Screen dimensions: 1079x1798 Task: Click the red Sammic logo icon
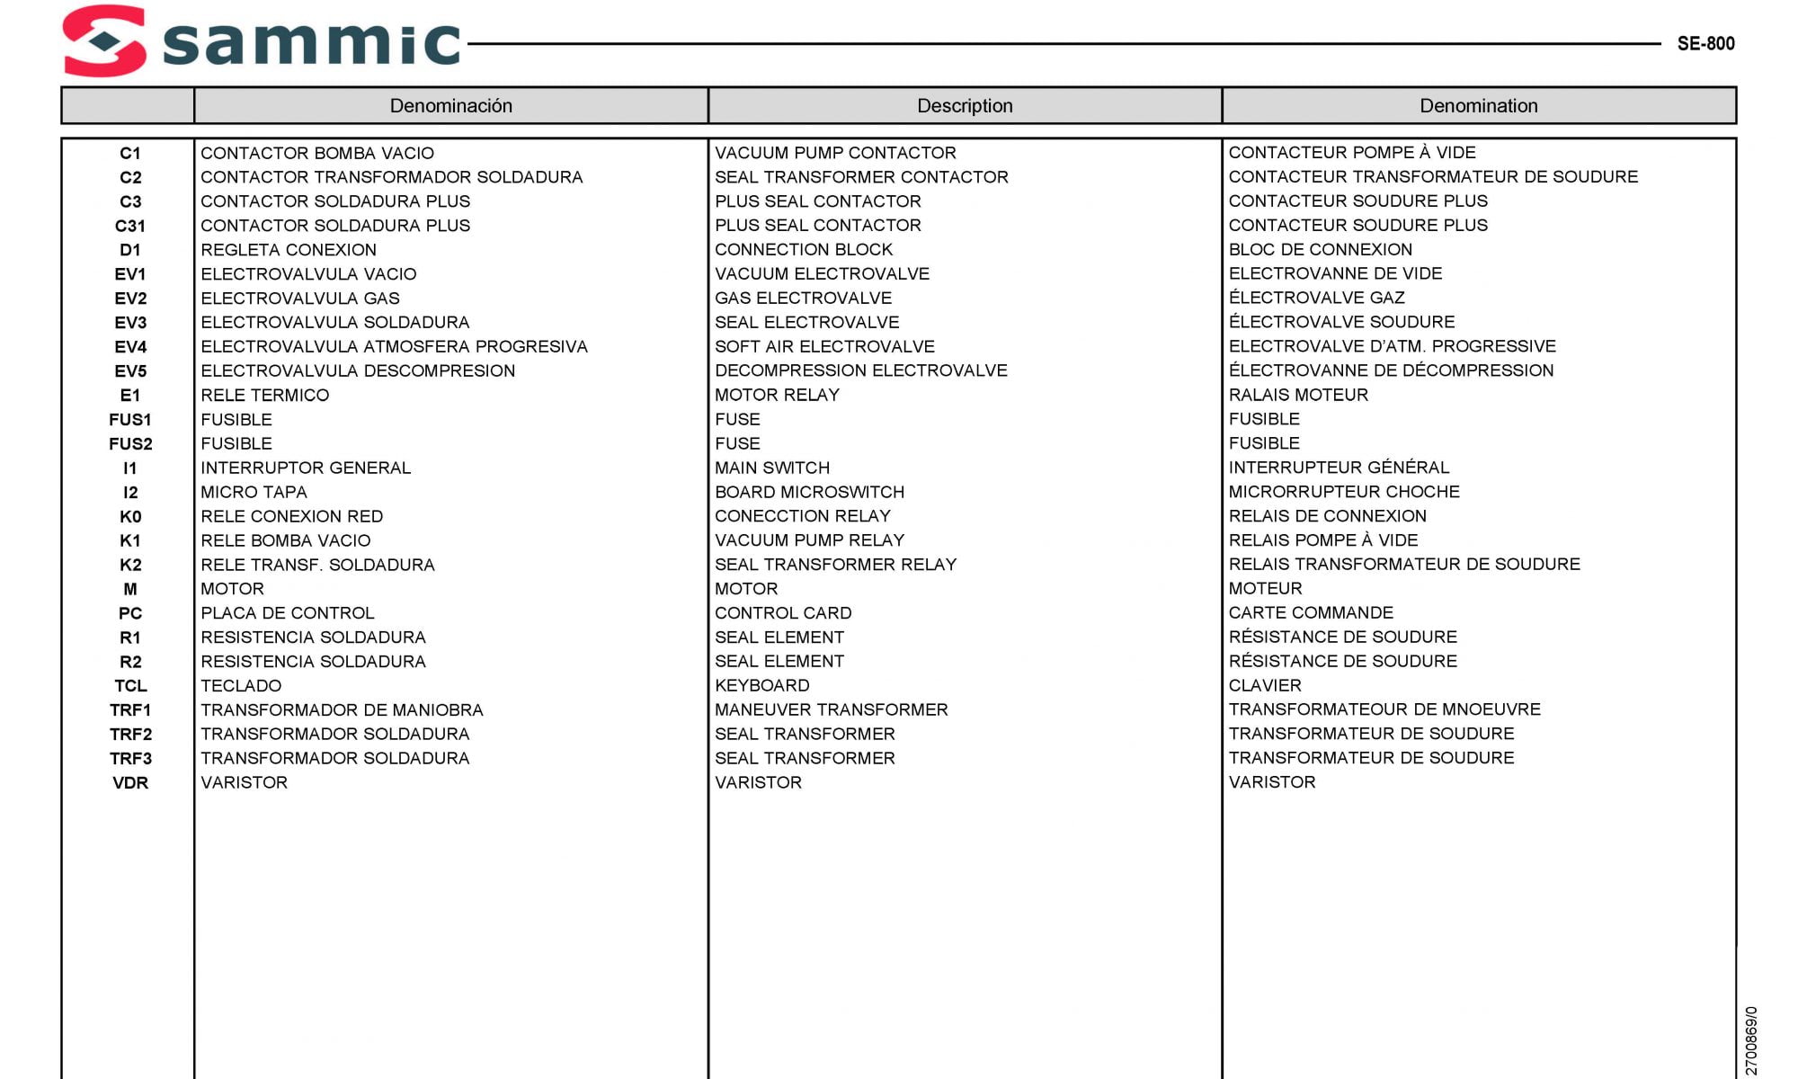click(x=104, y=40)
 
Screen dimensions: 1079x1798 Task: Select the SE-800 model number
click(x=1705, y=43)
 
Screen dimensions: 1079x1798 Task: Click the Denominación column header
click(x=450, y=106)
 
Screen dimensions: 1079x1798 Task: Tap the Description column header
click(x=965, y=106)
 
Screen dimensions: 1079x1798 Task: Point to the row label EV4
click(x=130, y=347)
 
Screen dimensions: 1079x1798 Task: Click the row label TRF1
click(x=130, y=710)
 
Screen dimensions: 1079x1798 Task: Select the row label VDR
click(x=130, y=783)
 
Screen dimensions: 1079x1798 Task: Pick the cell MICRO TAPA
click(x=254, y=493)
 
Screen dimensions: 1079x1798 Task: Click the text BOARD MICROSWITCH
click(x=809, y=493)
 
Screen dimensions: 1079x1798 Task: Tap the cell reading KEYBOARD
click(x=761, y=686)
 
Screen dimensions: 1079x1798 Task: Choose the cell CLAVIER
click(x=1265, y=686)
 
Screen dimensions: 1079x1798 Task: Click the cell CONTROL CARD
click(x=783, y=613)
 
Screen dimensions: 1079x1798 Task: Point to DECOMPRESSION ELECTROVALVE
click(x=860, y=370)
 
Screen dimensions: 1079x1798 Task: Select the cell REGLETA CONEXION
click(x=289, y=250)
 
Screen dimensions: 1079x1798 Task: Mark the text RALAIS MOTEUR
click(x=1298, y=395)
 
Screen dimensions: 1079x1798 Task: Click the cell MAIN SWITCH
click(x=772, y=468)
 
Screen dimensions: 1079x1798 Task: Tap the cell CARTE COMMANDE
click(x=1311, y=613)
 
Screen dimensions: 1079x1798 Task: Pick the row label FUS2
click(x=130, y=444)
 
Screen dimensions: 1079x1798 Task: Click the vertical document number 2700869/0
click(x=1750, y=1040)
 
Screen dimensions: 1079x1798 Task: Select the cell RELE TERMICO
click(x=264, y=396)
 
